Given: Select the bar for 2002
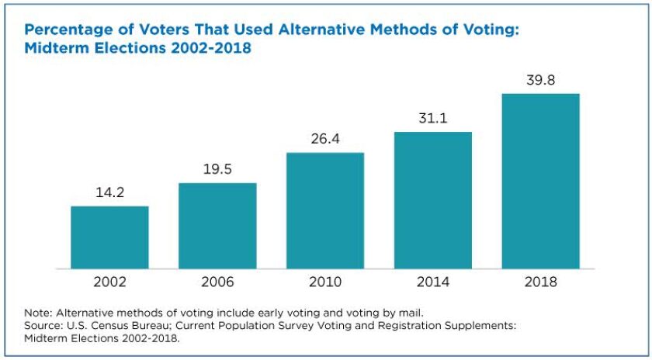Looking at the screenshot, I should coord(109,237).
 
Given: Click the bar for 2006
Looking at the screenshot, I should coord(217,226).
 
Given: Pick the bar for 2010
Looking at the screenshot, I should coord(325,210).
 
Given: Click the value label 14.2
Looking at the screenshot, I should coord(109,192).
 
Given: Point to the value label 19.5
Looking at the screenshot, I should coord(217,169).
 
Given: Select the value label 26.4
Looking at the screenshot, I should coord(325,139).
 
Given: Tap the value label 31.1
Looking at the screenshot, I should coord(433,118).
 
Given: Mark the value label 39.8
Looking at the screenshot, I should coord(541,80).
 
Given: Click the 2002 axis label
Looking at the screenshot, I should coord(109,282).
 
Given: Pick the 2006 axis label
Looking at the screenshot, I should coord(217,282).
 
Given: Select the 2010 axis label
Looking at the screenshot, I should coord(325,282).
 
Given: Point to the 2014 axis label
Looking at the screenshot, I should coord(433,282).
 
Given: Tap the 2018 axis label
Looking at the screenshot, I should coord(541,282).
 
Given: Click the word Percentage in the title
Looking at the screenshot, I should coord(65,30).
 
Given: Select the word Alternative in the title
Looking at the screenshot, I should coord(294,30).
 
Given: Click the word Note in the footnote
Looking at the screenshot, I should coord(36,312).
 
